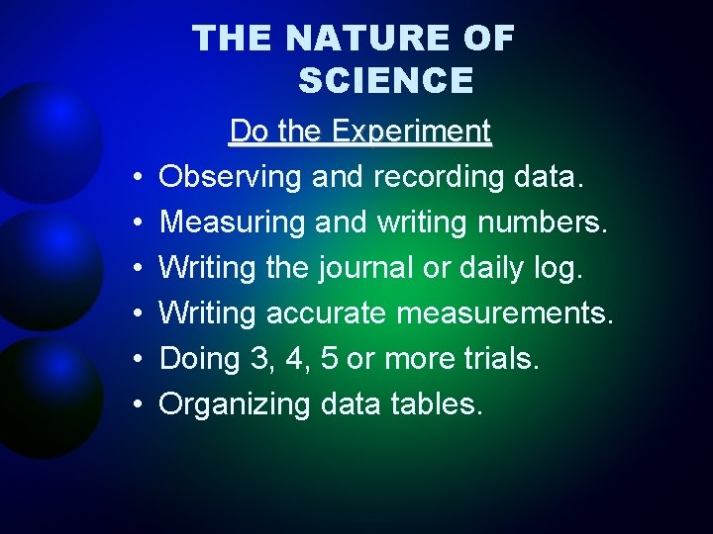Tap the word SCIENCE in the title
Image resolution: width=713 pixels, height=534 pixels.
(385, 80)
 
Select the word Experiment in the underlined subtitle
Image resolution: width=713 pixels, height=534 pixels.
(412, 132)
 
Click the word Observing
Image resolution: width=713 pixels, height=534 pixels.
(231, 178)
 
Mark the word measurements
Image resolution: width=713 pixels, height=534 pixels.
(505, 313)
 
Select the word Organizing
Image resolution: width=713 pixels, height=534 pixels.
(236, 404)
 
